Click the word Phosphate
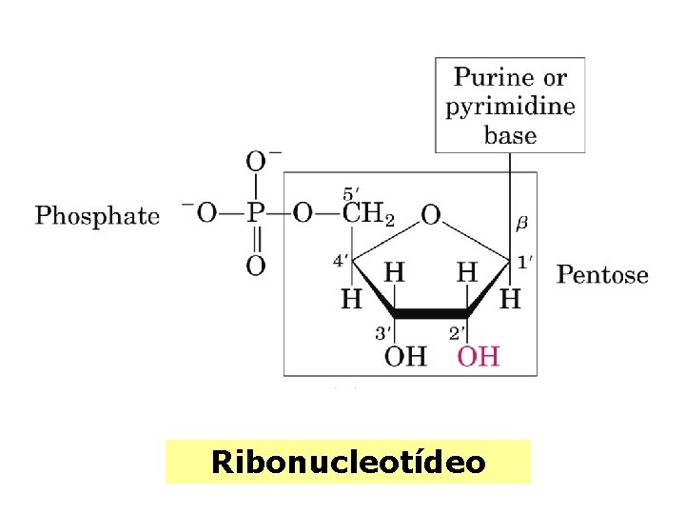pos(97,215)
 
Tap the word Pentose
pos(602,276)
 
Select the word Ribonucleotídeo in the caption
pos(348,463)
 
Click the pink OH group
pos(479,357)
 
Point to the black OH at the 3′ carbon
pos(405,357)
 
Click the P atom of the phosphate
pos(255,213)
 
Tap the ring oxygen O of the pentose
pos(430,215)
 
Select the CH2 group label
pos(367,214)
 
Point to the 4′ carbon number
pos(340,259)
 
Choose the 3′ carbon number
pos(382,333)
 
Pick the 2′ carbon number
pos(457,333)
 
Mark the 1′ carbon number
pos(524,259)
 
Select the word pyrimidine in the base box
pos(510,106)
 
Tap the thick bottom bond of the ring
pos(430,313)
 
